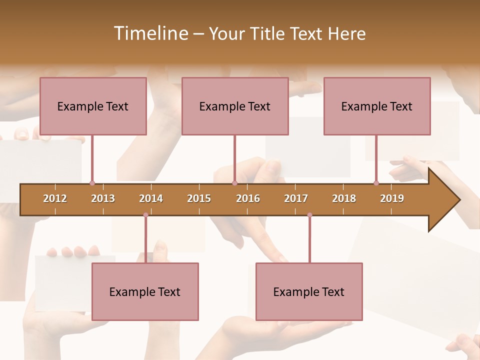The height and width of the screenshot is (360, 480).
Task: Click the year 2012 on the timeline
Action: point(55,198)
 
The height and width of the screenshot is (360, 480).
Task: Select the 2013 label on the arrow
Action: point(103,198)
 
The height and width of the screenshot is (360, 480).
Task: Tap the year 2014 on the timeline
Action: point(151,198)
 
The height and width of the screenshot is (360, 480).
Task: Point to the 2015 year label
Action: point(199,198)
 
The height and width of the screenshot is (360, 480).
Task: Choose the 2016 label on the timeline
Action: point(248,198)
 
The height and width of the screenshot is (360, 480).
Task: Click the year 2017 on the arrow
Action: point(296,198)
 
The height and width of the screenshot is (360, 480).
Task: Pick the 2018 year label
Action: point(344,198)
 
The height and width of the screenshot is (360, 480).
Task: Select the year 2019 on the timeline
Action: point(392,198)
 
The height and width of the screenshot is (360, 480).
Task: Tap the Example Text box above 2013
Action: point(93,106)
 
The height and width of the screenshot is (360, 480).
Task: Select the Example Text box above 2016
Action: point(235,106)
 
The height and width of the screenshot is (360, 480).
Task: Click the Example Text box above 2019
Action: point(377,106)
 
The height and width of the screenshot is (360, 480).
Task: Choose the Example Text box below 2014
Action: point(145,291)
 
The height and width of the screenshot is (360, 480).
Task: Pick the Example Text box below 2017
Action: point(309,291)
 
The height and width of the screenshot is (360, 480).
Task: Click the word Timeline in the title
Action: point(150,33)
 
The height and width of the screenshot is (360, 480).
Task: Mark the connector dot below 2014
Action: point(145,215)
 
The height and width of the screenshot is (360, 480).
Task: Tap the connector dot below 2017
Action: point(309,215)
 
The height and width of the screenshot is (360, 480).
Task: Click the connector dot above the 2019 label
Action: point(376,183)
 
